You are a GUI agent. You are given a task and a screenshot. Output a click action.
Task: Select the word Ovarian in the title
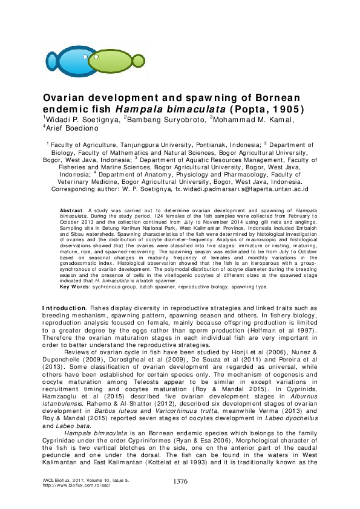pos(64,98)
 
